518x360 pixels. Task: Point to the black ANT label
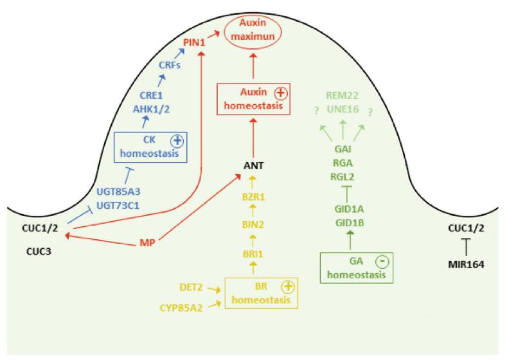click(254, 166)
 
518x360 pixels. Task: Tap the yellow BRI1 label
click(254, 254)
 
